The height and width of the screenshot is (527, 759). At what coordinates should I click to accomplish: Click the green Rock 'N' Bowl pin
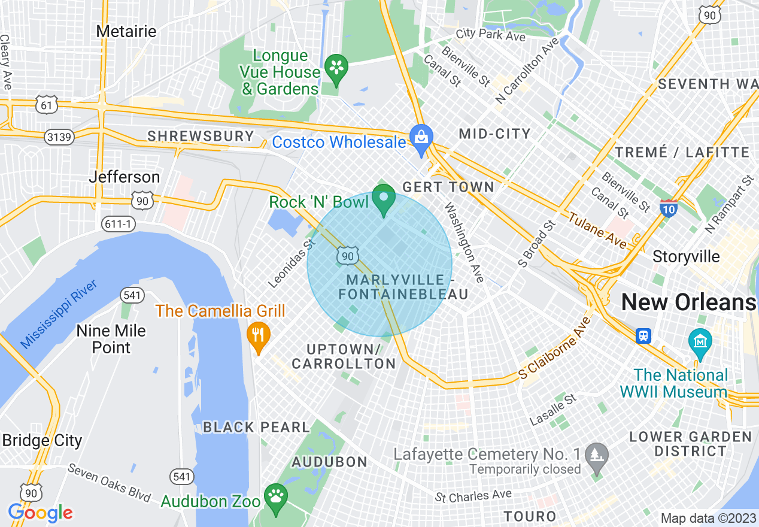click(x=384, y=199)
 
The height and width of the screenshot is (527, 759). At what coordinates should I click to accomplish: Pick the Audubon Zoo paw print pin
click(x=275, y=499)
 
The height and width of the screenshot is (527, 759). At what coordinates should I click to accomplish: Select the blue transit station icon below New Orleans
click(x=643, y=335)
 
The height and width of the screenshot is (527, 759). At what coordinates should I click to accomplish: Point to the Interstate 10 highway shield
click(x=669, y=208)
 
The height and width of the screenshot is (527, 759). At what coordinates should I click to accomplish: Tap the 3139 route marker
click(x=59, y=137)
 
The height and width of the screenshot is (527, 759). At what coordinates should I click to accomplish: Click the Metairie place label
click(x=126, y=31)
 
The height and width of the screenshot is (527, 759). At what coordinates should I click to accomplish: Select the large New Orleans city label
click(x=688, y=302)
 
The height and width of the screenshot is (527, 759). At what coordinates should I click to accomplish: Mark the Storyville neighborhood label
click(x=686, y=257)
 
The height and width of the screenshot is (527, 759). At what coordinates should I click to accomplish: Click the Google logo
click(x=40, y=513)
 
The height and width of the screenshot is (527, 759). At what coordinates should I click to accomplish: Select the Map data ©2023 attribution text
click(x=708, y=518)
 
